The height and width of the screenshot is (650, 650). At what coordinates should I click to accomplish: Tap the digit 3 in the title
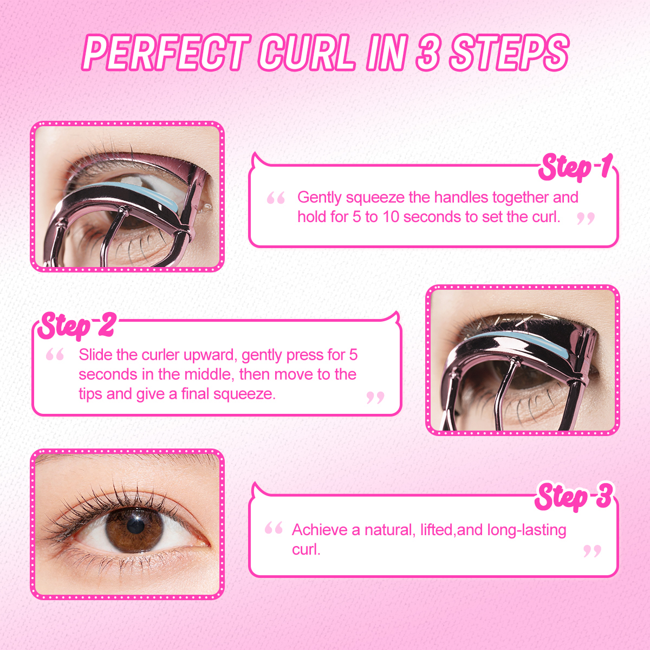coord(427,53)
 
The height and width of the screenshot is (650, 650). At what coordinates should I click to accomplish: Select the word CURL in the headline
coord(307,53)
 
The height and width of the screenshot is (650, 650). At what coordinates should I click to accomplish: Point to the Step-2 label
coord(77,325)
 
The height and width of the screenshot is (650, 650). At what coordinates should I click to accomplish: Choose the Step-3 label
coord(574,497)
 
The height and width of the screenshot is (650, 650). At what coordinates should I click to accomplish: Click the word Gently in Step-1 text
coord(320,197)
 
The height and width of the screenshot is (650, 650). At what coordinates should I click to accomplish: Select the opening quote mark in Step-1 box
coord(276,198)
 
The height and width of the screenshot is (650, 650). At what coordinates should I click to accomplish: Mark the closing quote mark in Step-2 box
coord(375,398)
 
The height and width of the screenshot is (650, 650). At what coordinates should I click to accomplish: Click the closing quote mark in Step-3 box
coord(592,551)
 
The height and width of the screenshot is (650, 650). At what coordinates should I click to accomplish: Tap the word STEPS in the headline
coord(509,53)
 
